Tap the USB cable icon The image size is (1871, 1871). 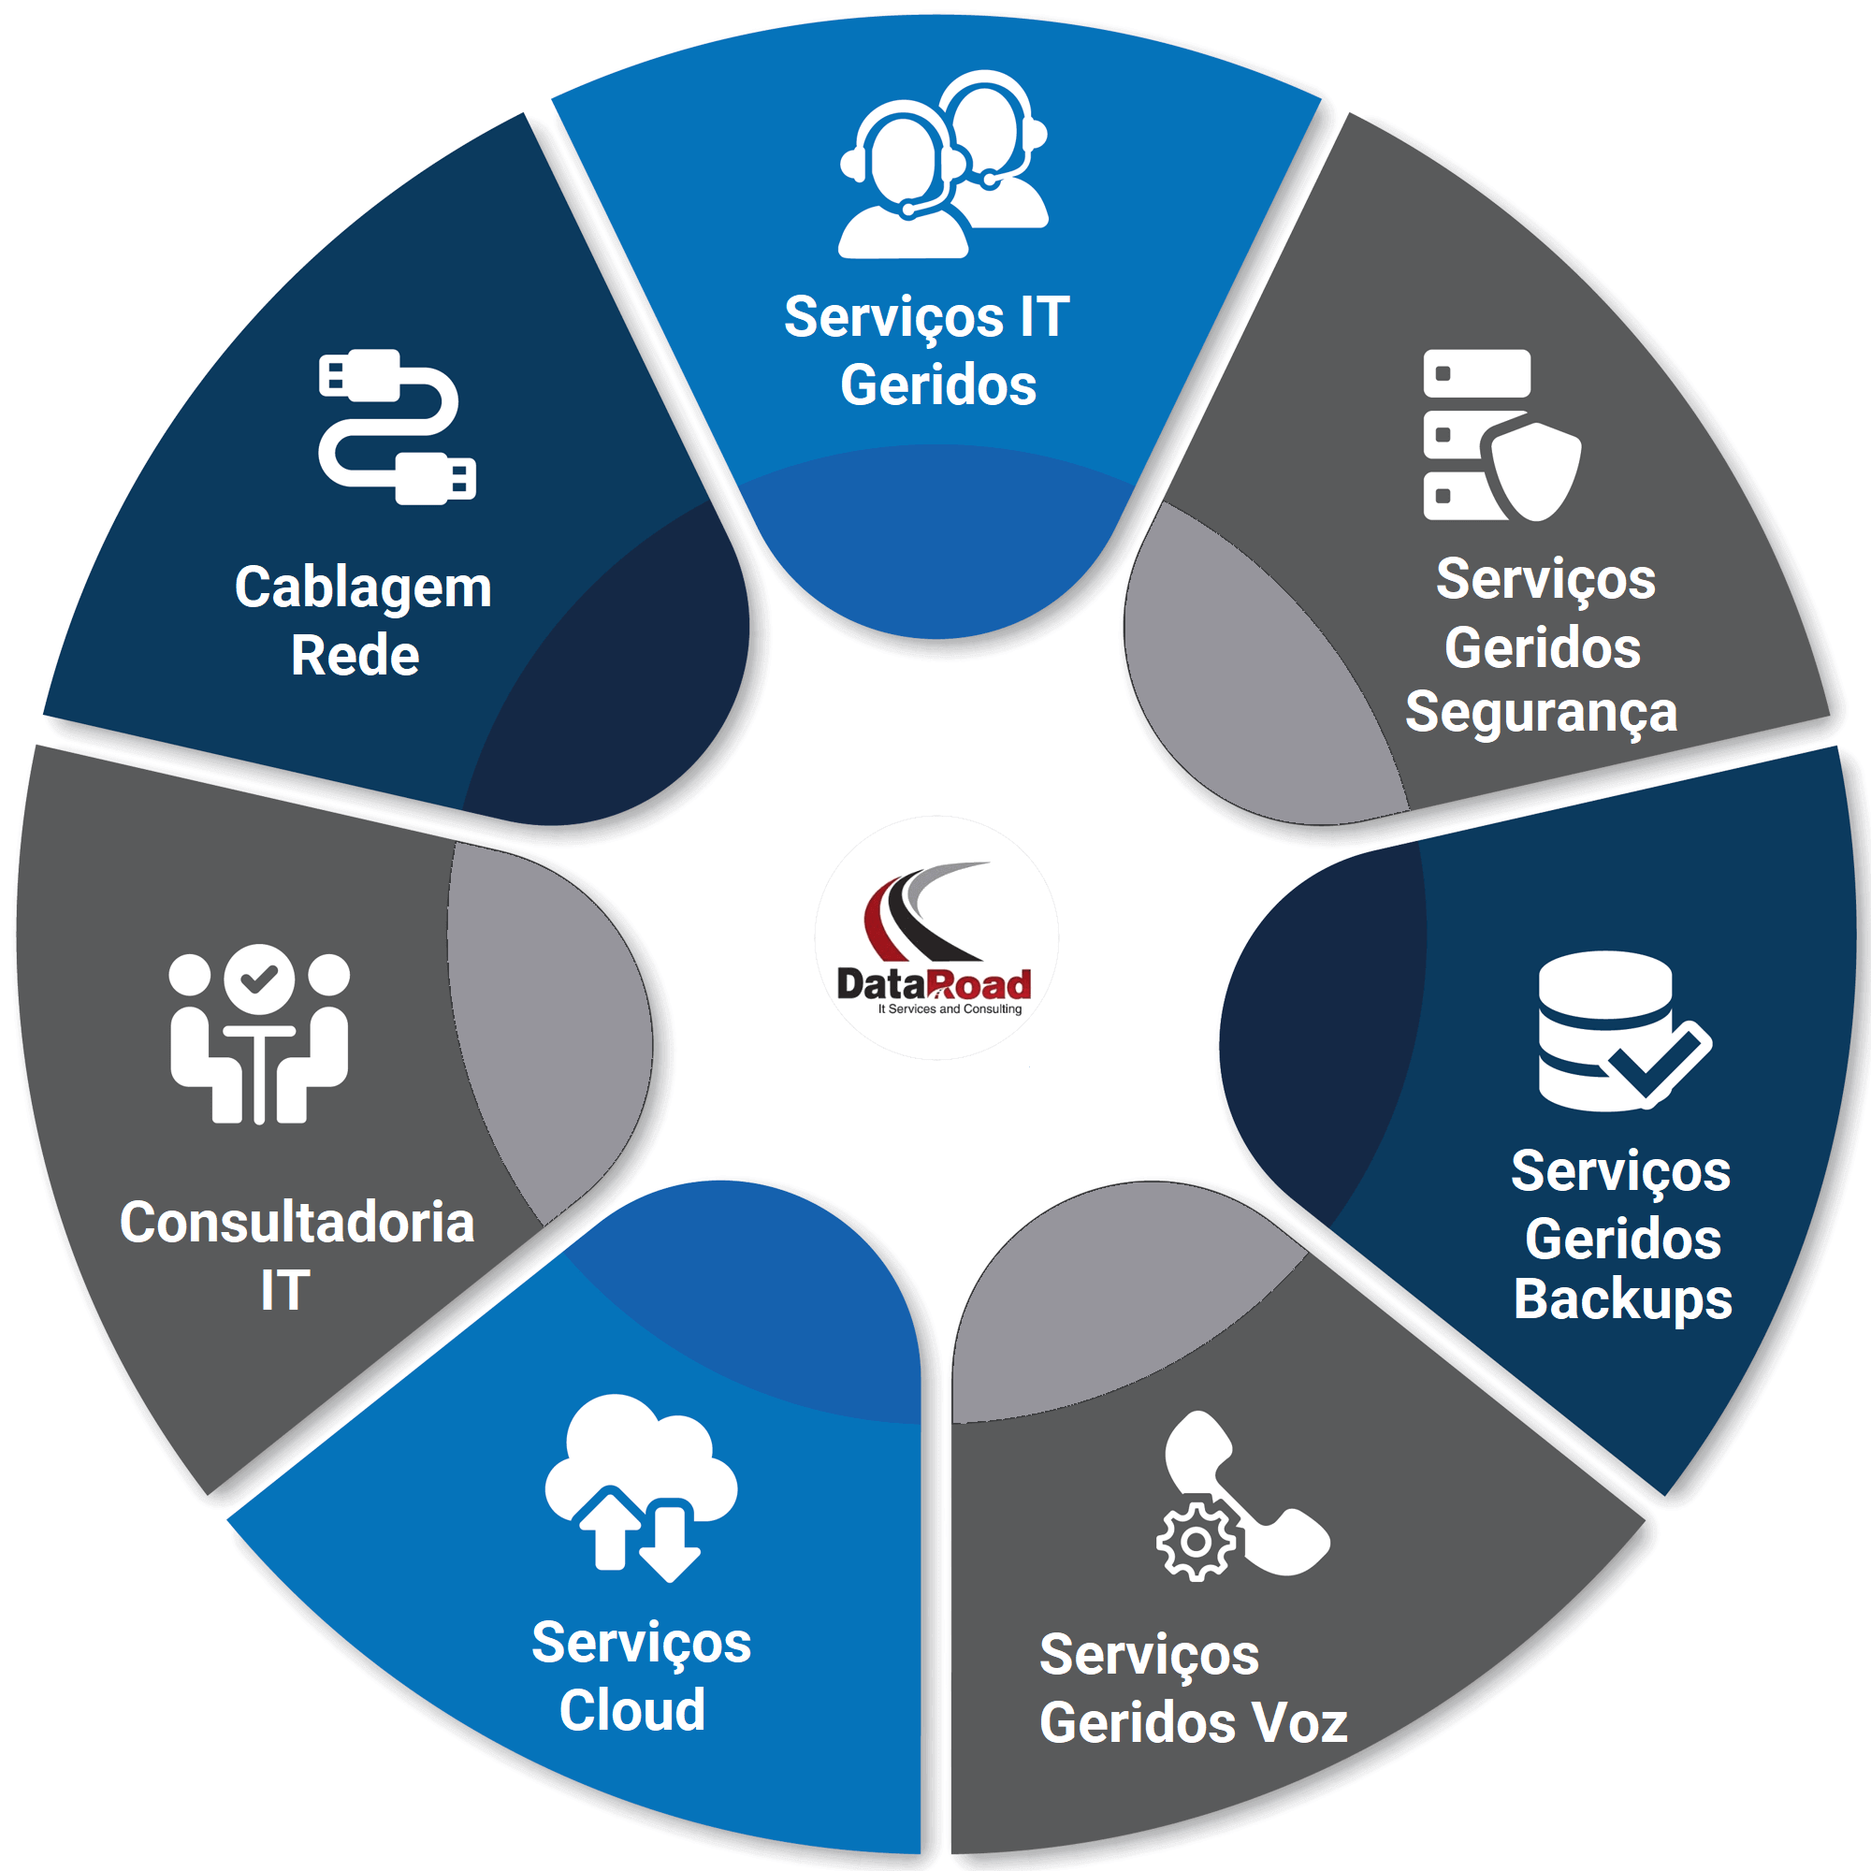point(397,428)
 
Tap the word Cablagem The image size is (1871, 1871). point(363,587)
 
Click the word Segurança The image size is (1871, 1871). point(1541,714)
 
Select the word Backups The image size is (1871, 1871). point(1623,1299)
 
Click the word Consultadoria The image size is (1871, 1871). point(297,1222)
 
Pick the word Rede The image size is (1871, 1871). point(355,656)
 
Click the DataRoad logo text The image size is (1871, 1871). point(934,985)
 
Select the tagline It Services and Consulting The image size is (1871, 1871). point(949,1009)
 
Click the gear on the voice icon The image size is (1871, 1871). point(1196,1542)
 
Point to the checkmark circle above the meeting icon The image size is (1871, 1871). point(259,979)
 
